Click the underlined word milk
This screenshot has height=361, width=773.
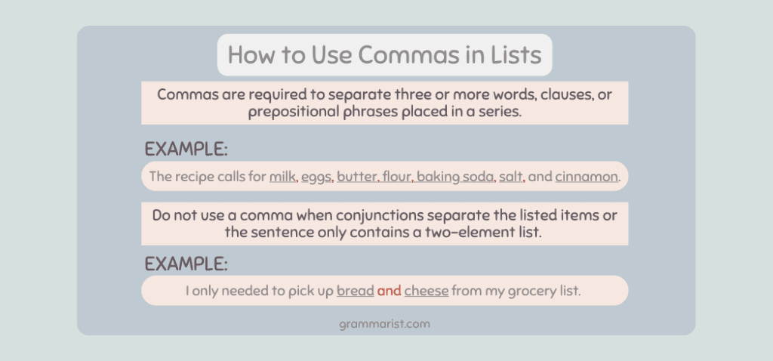[282, 177]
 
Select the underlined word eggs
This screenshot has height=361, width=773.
[316, 177]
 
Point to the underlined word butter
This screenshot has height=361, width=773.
[357, 177]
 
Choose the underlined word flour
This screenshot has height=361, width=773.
[396, 177]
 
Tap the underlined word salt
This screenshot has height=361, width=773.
[511, 177]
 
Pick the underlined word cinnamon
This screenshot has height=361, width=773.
[586, 177]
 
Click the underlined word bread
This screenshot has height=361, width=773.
[356, 291]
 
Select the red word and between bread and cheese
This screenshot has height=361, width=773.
[389, 291]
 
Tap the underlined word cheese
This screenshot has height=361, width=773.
[427, 291]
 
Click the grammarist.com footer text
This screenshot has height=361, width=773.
[384, 325]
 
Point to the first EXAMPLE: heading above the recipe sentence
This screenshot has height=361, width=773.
[186, 149]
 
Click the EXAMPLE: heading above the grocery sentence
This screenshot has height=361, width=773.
[186, 264]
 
